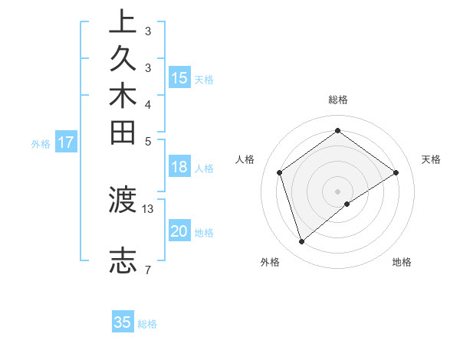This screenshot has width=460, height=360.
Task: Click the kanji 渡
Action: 123,201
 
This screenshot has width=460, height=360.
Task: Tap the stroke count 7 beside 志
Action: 148,269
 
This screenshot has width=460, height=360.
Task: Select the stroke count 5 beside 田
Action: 148,141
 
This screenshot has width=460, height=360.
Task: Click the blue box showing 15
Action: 179,78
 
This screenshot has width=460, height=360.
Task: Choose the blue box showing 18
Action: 179,168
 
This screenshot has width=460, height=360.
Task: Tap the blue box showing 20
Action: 179,232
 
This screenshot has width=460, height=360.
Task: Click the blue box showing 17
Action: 66,142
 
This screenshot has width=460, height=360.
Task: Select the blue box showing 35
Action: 123,322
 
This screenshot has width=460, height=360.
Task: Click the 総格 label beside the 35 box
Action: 147,324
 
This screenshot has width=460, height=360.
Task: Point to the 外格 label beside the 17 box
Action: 41,143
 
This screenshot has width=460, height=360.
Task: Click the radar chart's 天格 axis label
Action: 431,159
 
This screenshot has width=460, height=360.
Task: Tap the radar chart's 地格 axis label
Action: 402,262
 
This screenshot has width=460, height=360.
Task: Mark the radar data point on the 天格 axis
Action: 396,172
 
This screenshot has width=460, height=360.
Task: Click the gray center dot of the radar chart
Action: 337,191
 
